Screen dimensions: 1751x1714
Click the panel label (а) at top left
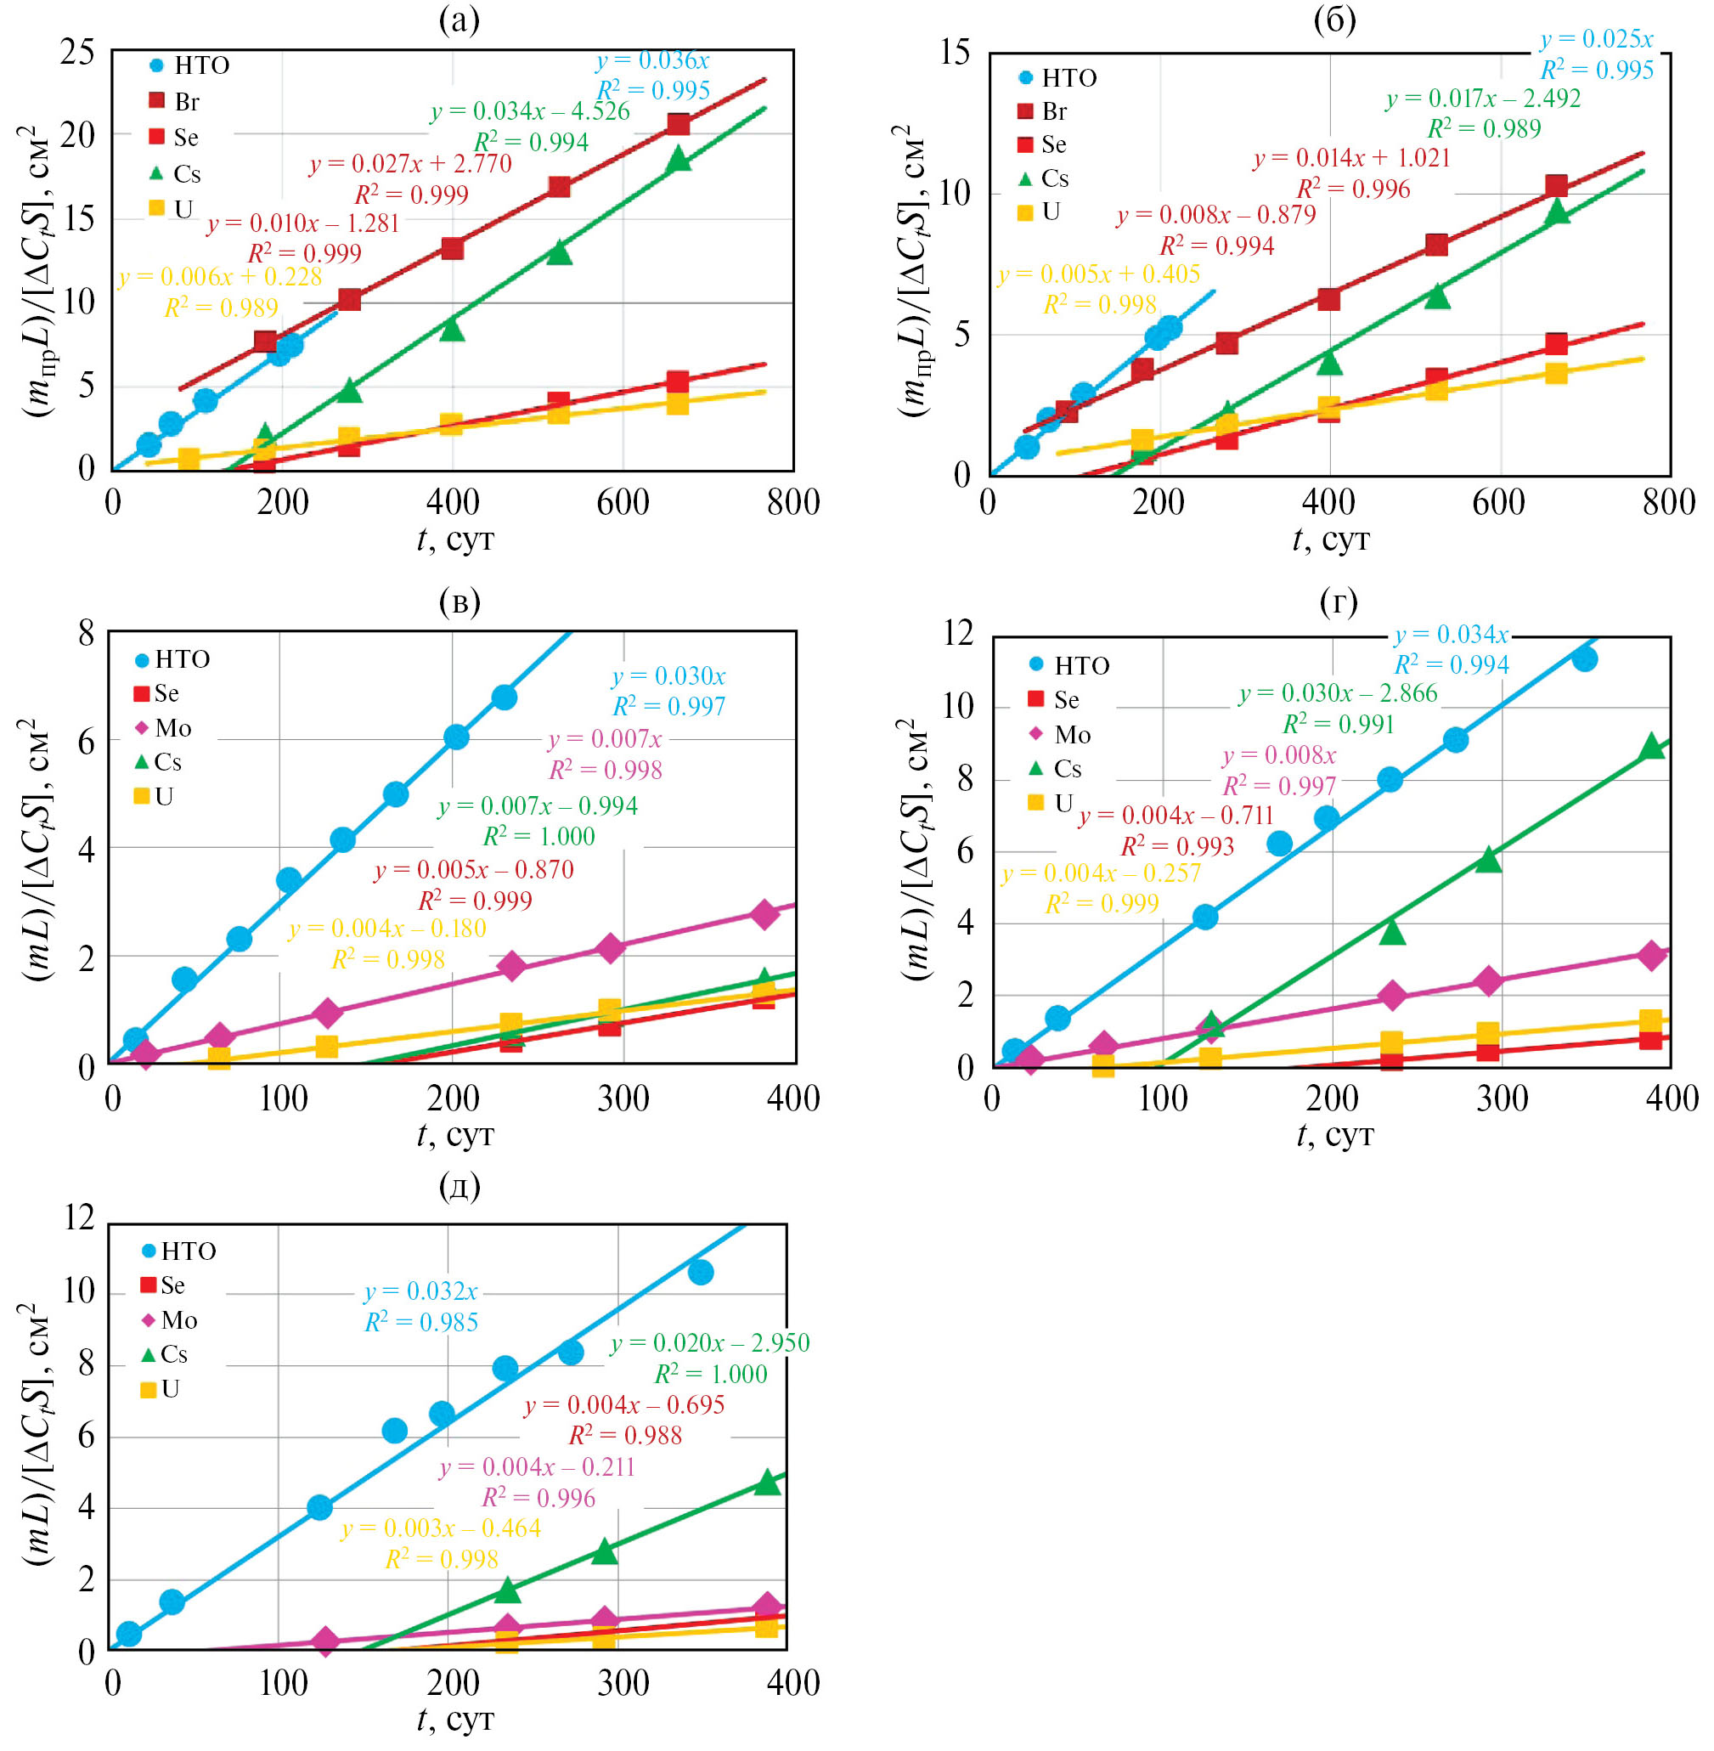tap(460, 19)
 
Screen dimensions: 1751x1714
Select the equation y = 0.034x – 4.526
tap(529, 111)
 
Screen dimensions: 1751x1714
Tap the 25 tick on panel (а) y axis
tap(77, 52)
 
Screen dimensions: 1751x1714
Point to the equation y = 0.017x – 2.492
tap(1483, 99)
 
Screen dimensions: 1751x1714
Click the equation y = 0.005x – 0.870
tap(473, 870)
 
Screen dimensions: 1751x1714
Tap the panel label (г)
tap(1338, 601)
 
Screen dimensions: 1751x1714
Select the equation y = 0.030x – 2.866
tap(1338, 692)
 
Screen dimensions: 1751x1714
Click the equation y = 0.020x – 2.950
tap(709, 1342)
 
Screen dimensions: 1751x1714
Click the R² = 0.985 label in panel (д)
tap(421, 1323)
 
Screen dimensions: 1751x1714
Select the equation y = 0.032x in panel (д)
tap(420, 1291)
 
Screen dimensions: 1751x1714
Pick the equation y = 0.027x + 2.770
tap(410, 164)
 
